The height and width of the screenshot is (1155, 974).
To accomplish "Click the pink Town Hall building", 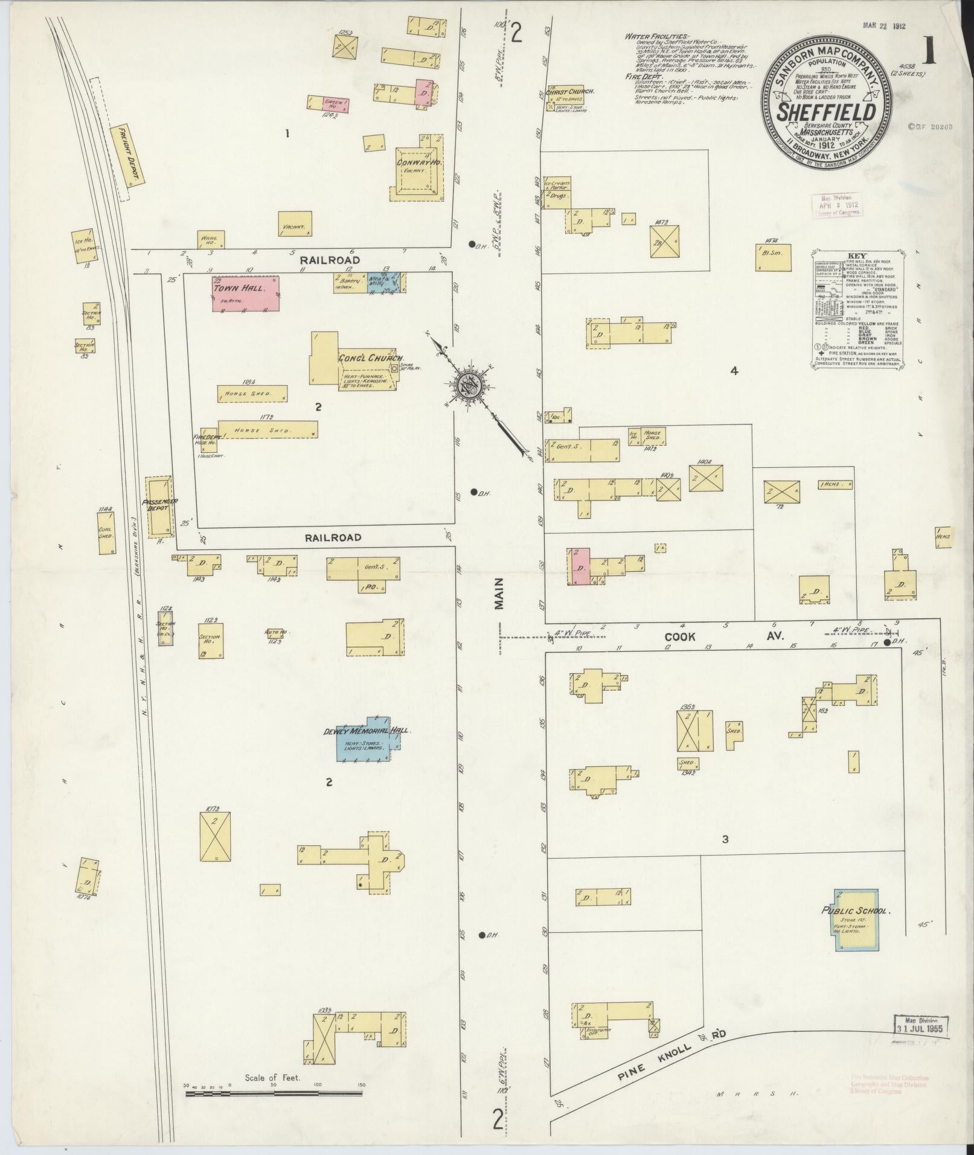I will [245, 293].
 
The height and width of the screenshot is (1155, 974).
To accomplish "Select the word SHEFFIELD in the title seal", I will [826, 113].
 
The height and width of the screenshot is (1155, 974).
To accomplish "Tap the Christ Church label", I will [570, 92].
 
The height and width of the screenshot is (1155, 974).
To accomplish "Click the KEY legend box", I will [857, 308].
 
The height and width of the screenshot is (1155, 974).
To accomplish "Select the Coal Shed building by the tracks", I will [106, 533].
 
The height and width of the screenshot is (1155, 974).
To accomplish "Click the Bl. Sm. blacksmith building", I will [773, 257].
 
